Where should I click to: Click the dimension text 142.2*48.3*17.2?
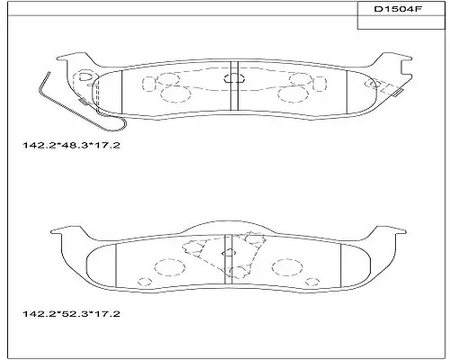pyautogui.click(x=71, y=146)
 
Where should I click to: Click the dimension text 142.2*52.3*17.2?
pyautogui.click(x=71, y=314)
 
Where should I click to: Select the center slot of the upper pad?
pyautogui.click(x=234, y=85)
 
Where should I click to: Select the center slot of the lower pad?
pyautogui.click(x=229, y=258)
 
